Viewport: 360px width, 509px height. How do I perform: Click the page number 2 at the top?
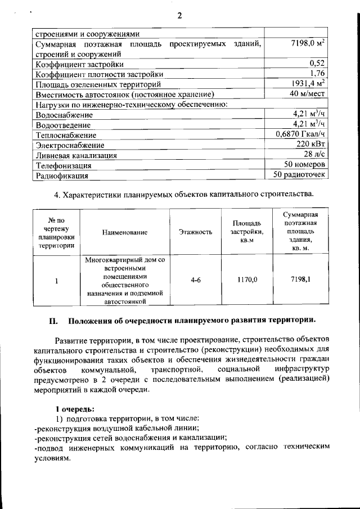coord(179,15)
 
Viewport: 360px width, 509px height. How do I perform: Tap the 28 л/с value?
coord(315,155)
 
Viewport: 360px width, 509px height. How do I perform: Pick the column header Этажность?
coord(195,232)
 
